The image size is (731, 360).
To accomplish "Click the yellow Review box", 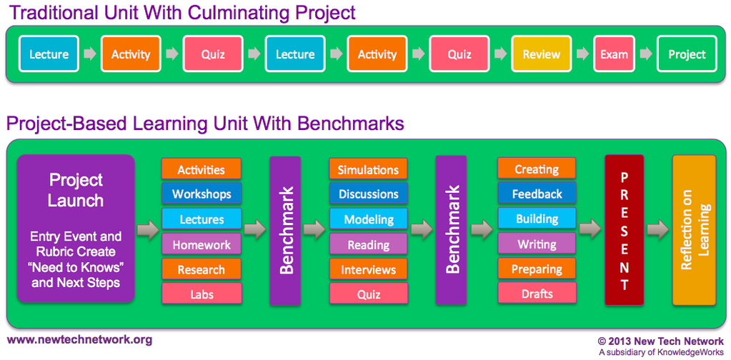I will pyautogui.click(x=541, y=54).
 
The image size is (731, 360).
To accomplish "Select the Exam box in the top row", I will pyautogui.click(x=614, y=54).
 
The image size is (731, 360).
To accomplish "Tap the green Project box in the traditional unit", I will pyautogui.click(x=686, y=54).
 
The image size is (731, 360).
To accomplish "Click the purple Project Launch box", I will pyautogui.click(x=75, y=229).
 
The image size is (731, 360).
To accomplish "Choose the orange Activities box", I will pyautogui.click(x=201, y=169).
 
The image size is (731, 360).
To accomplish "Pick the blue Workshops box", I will pyautogui.click(x=202, y=194).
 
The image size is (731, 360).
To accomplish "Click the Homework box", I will pyautogui.click(x=202, y=244).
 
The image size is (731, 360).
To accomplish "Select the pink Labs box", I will pyautogui.click(x=202, y=294).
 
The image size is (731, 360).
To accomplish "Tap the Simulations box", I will pyautogui.click(x=368, y=169).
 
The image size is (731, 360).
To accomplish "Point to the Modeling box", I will pyautogui.click(x=368, y=219).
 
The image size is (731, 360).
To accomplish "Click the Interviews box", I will pyautogui.click(x=368, y=269).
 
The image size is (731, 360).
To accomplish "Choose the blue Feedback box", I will pyautogui.click(x=537, y=194).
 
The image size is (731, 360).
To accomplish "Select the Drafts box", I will pyautogui.click(x=537, y=294).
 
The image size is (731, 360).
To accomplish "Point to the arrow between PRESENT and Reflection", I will pyautogui.click(x=657, y=229).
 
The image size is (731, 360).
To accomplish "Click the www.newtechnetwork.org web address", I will pyautogui.click(x=79, y=340).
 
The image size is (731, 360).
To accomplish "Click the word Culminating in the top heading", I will pyautogui.click(x=237, y=12).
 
